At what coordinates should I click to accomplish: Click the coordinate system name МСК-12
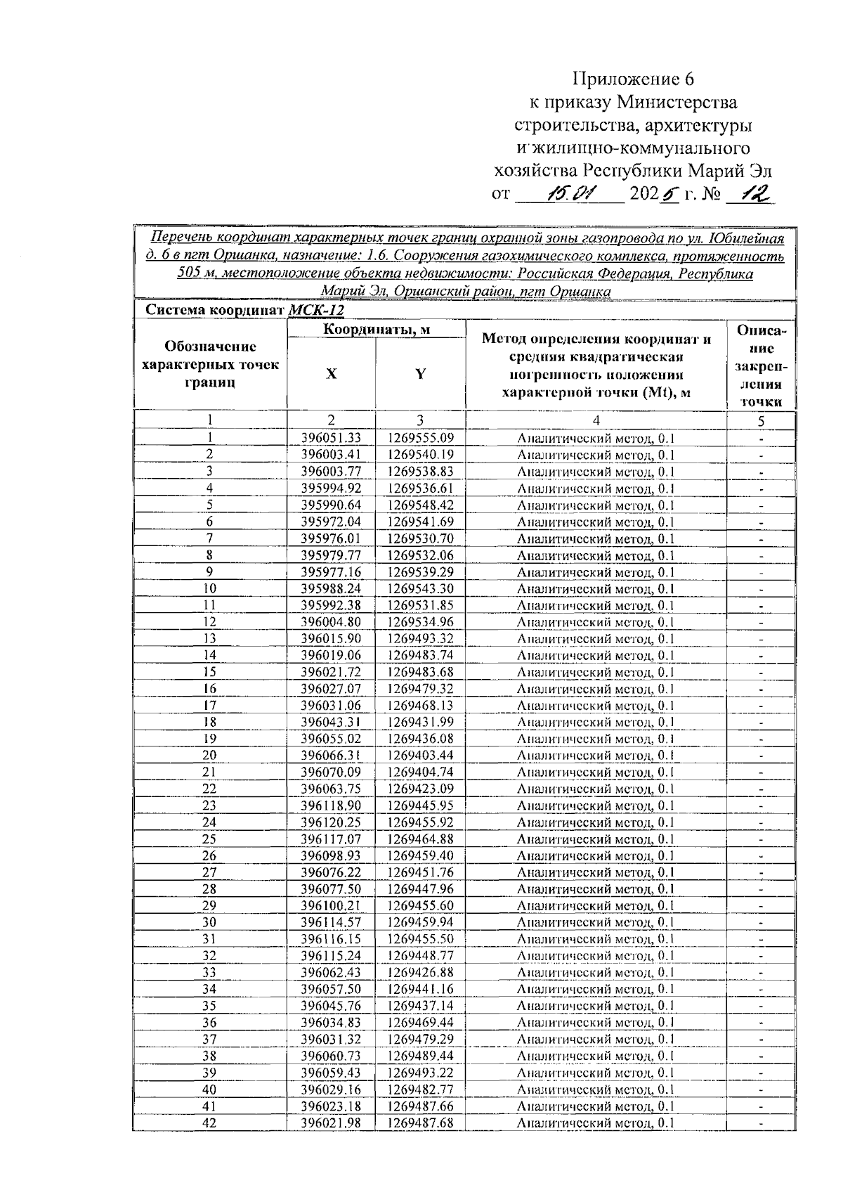point(317,310)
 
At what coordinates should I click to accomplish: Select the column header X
point(331,373)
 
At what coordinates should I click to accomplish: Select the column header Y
point(419,373)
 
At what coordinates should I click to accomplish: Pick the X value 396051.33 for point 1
point(331,439)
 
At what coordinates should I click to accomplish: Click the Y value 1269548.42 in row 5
point(419,505)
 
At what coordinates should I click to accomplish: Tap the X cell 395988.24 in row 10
point(331,589)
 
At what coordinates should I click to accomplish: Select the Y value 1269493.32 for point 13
point(419,639)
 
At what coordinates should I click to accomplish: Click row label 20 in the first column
point(209,756)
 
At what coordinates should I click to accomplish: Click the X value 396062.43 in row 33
point(331,973)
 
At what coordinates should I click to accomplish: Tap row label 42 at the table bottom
point(209,1123)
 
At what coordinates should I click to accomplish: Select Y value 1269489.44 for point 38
point(419,1056)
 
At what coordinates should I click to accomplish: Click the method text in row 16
point(595,690)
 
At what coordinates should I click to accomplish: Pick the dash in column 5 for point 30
point(761,923)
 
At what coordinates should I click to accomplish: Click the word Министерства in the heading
point(677,103)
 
